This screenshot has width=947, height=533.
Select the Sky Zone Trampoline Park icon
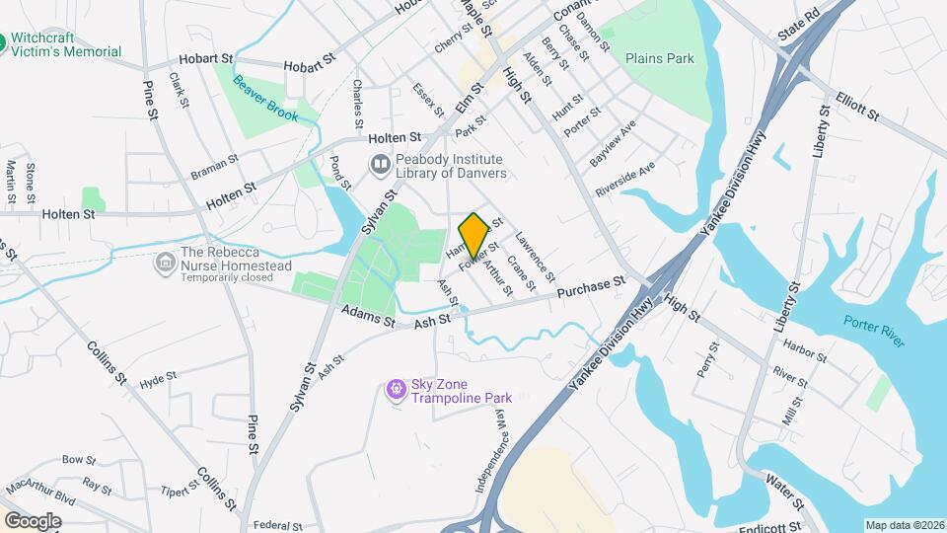pos(397,390)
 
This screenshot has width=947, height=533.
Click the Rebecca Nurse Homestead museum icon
pos(165,263)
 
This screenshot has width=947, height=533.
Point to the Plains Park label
pos(659,58)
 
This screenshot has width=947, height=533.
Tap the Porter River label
pos(874,330)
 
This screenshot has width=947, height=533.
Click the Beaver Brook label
pos(264,99)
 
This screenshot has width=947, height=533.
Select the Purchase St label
pos(592,288)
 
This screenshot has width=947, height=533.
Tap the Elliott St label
pos(856,108)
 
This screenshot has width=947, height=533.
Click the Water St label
pos(785,485)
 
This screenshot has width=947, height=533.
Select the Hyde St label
pos(158,380)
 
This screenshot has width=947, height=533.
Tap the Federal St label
pos(276,526)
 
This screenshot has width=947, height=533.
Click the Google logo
pos(33,520)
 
